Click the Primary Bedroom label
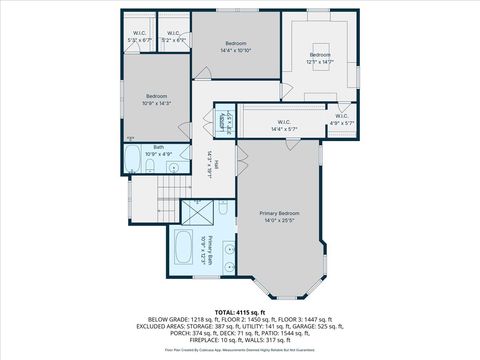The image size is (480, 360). (x=279, y=213)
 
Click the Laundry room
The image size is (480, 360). (x=225, y=120)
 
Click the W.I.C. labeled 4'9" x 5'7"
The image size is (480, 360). (x=341, y=120)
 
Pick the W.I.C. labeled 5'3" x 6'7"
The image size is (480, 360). (x=139, y=37)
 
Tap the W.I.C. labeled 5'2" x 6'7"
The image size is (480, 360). (x=174, y=37)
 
